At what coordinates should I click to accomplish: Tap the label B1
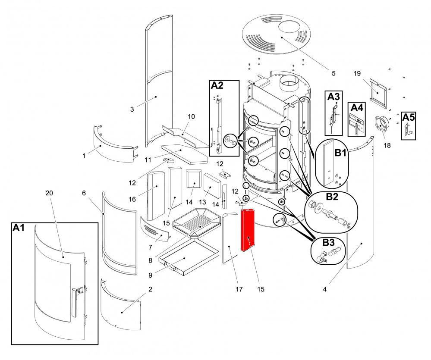(340, 152)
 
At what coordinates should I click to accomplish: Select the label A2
(217, 85)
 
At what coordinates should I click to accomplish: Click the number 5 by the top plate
(333, 73)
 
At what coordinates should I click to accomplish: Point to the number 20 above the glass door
(49, 193)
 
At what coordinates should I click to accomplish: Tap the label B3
(328, 242)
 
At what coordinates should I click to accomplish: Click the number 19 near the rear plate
(357, 73)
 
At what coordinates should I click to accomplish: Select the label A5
(408, 117)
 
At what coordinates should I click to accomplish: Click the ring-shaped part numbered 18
(381, 125)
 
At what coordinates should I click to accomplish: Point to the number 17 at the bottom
(239, 289)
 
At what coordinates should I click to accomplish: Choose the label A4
(357, 107)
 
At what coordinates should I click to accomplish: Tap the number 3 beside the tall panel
(132, 109)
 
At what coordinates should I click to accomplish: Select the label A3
(333, 97)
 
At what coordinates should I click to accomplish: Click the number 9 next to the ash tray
(150, 275)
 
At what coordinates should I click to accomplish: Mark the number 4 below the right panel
(324, 289)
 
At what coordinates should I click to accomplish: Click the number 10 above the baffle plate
(191, 116)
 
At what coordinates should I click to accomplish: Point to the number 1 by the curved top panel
(84, 156)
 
